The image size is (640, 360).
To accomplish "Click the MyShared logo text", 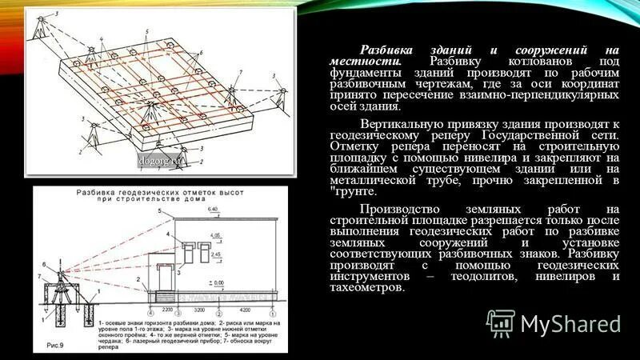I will click(x=570, y=323).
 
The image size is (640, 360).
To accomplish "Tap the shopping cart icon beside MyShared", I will click(x=501, y=322).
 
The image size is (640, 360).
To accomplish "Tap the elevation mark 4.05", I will click(x=215, y=234).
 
